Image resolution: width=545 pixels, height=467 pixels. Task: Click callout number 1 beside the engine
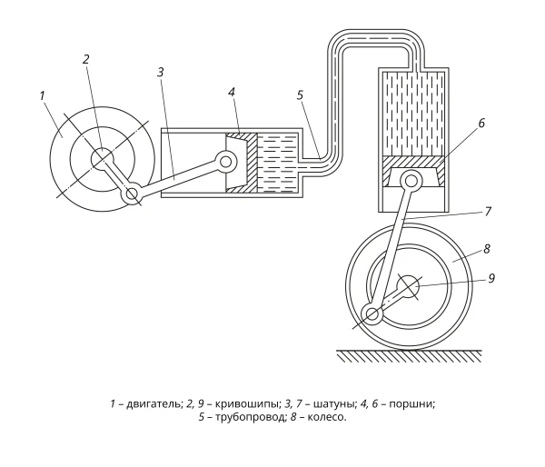pos(43,95)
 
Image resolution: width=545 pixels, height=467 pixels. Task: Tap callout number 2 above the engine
pos(86,59)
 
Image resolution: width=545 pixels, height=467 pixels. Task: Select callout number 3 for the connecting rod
pos(160,72)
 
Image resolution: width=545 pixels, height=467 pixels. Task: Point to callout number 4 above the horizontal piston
pos(232,92)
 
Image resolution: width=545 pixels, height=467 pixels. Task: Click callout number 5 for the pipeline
pos(301,94)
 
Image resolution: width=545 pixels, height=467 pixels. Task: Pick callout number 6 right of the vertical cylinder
pos(481,123)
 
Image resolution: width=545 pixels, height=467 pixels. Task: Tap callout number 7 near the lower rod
pos(488,211)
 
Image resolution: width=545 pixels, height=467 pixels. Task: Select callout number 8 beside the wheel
pos(487,249)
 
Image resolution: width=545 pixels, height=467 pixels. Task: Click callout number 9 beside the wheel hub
pos(491,278)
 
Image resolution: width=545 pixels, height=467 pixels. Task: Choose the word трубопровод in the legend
pos(250,417)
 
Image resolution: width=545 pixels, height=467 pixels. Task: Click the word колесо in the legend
pos(327,417)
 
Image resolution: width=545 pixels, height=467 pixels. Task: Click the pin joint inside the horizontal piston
pos(226,161)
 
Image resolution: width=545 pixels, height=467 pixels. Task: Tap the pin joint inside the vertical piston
pos(411,181)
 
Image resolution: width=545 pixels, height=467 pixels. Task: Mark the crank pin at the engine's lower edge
pos(131,194)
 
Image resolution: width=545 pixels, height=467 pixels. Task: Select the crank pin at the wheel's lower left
pos(372,314)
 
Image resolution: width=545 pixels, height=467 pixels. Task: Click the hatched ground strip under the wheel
pos(409,356)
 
